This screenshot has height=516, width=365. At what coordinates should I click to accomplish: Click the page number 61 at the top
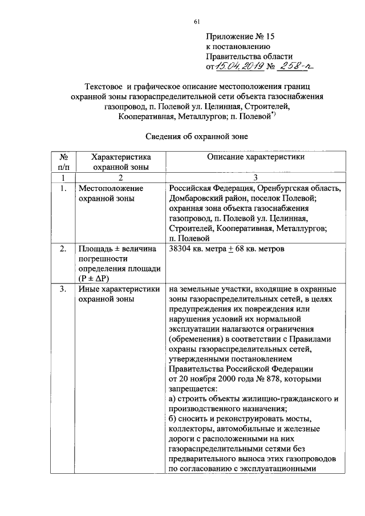tap(197, 22)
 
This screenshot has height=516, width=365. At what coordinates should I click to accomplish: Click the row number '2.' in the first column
tap(62, 249)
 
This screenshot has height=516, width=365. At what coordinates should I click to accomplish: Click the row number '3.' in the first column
tap(62, 289)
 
